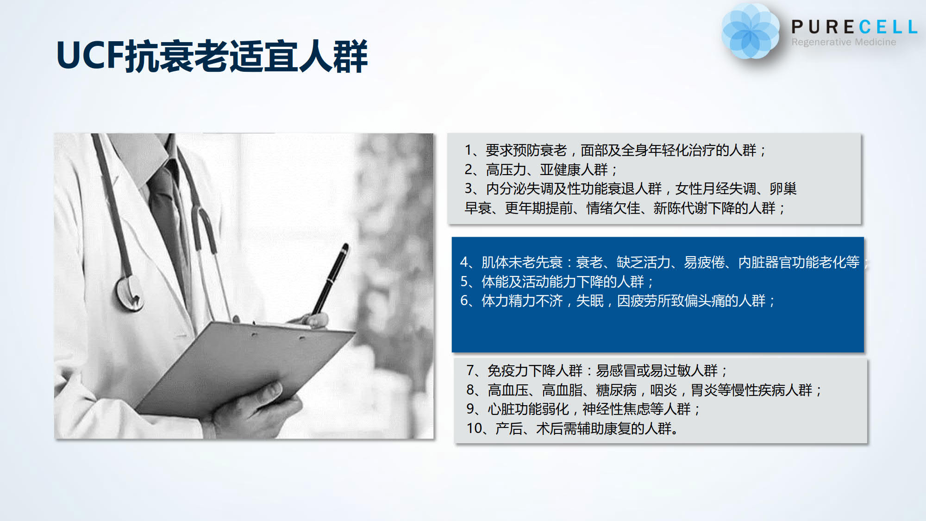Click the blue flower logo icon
pyautogui.click(x=750, y=31)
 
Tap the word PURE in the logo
pyautogui.click(x=823, y=27)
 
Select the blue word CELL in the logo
pyautogui.click(x=888, y=27)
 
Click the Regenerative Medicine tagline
pyautogui.click(x=844, y=42)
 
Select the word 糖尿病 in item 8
pyautogui.click(x=616, y=390)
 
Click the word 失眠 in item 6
pyautogui.click(x=590, y=301)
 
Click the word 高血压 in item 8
pyautogui.click(x=508, y=390)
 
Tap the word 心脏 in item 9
pyautogui.click(x=501, y=409)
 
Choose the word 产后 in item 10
pyautogui.click(x=509, y=428)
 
